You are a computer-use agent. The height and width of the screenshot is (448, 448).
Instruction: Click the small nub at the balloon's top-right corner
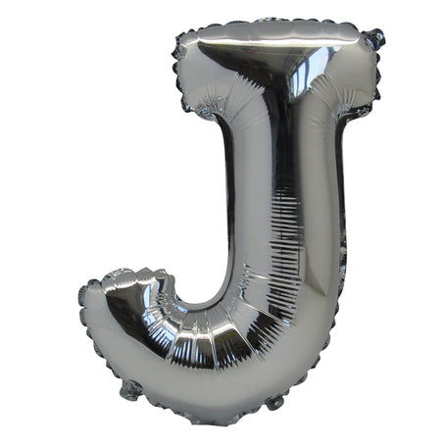[374, 40]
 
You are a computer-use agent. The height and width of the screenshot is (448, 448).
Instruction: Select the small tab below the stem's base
[274, 402]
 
